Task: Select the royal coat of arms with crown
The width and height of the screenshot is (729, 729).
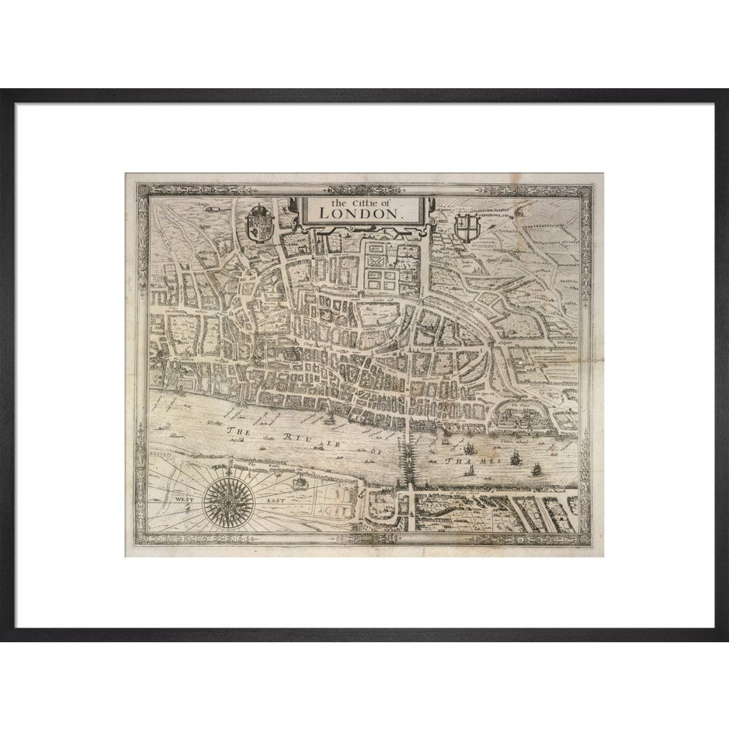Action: (x=260, y=222)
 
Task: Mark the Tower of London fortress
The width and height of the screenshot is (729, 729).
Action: (x=521, y=415)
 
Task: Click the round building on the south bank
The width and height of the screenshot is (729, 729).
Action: (x=298, y=482)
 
